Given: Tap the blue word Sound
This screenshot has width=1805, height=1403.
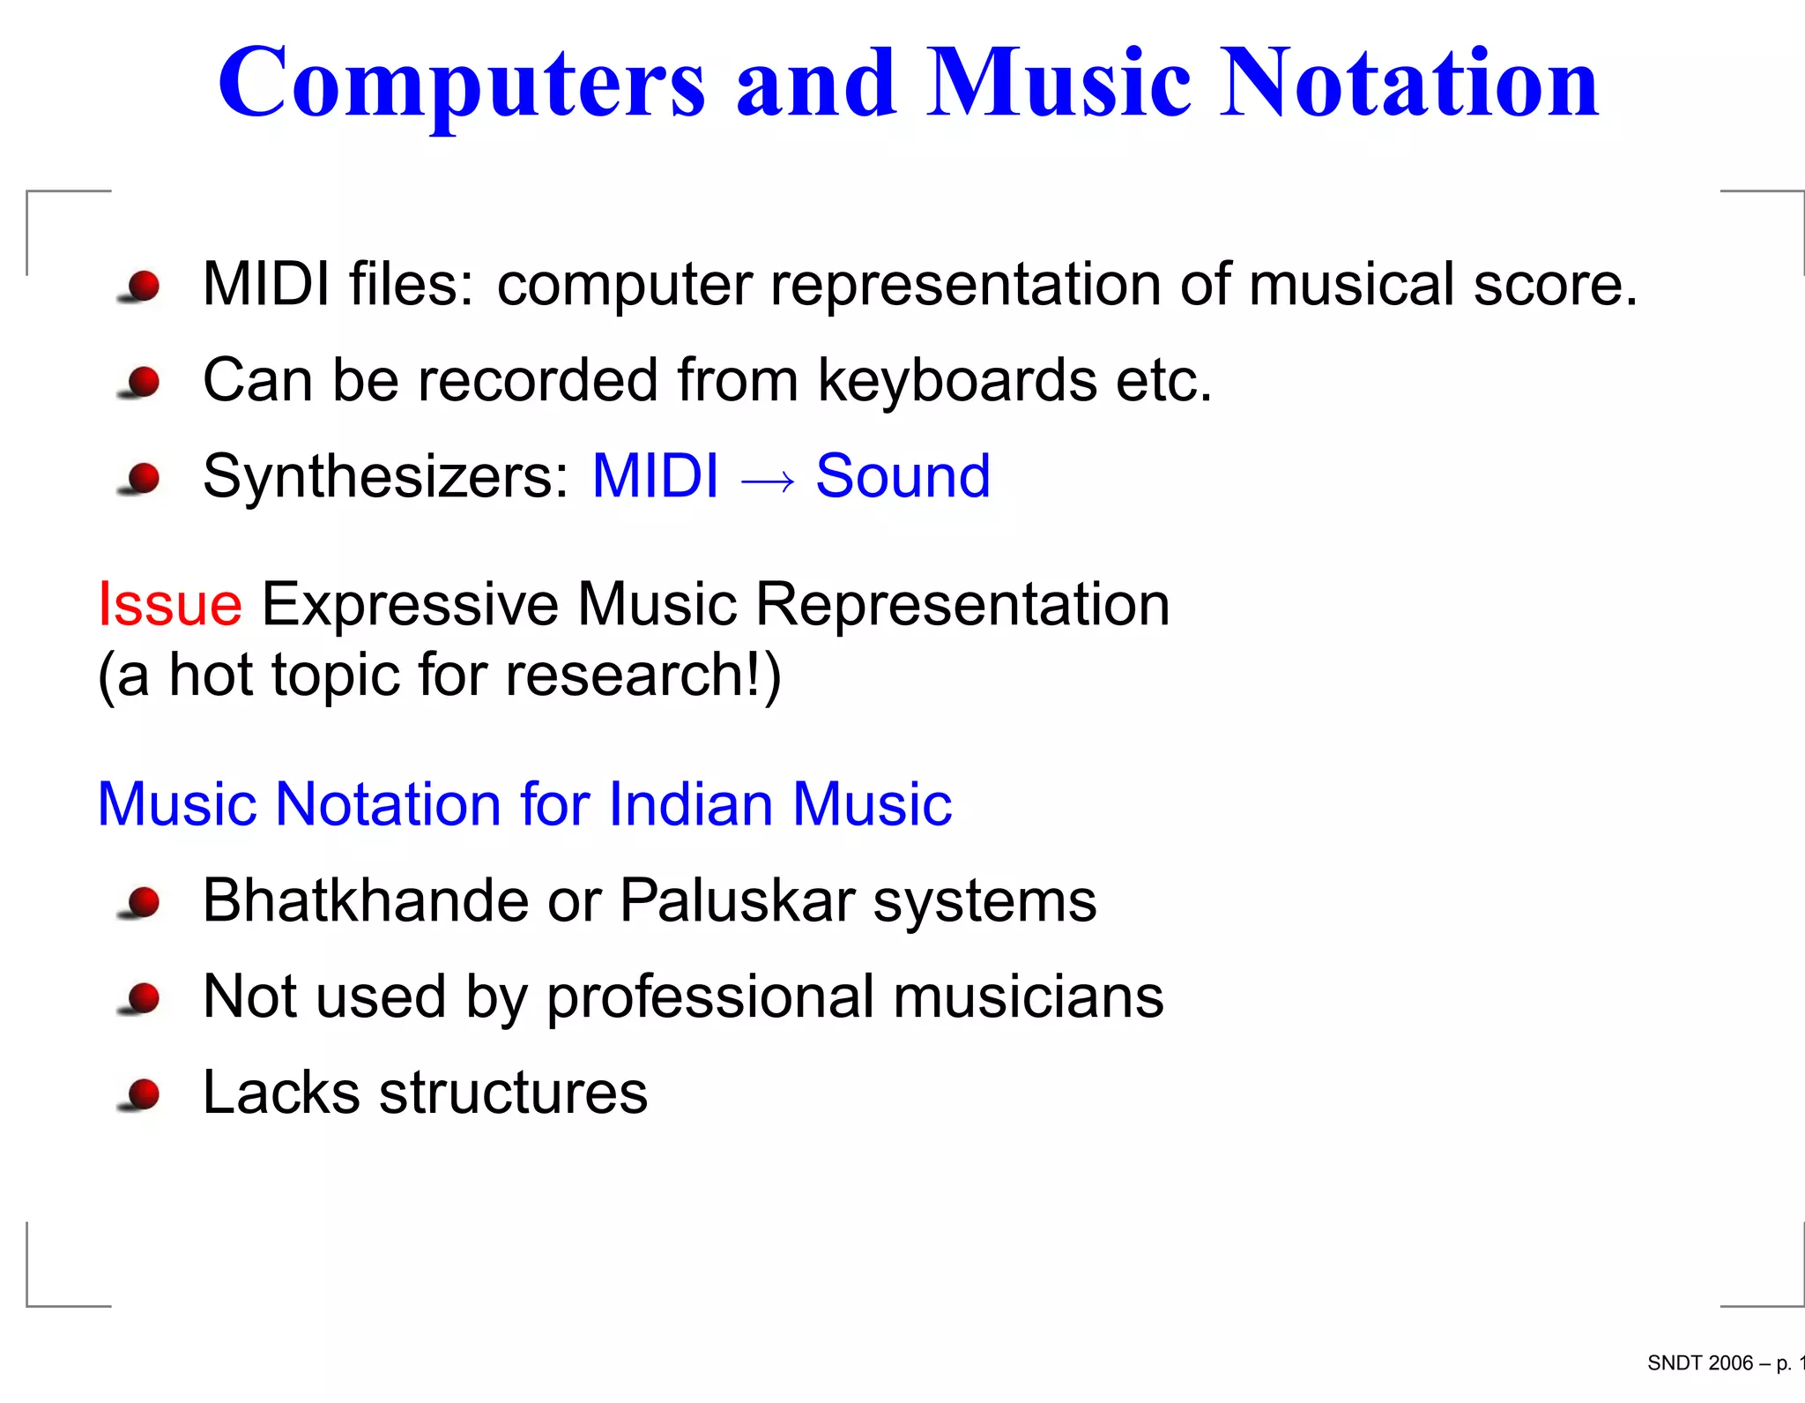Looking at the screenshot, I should coord(902,476).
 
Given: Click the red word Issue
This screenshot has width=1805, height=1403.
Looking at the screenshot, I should coord(169,605).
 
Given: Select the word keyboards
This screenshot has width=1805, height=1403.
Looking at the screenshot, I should coord(957,381).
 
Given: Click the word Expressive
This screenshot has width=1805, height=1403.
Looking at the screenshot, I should coord(411,605).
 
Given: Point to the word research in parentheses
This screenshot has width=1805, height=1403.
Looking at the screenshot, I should coord(625,675).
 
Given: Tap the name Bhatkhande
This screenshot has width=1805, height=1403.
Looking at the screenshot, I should coord(365,900).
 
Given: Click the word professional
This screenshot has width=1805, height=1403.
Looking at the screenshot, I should coord(710,997).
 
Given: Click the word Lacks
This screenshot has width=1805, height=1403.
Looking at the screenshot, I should coord(280,1093).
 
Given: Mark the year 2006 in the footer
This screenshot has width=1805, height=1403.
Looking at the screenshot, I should coord(1730,1363).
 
